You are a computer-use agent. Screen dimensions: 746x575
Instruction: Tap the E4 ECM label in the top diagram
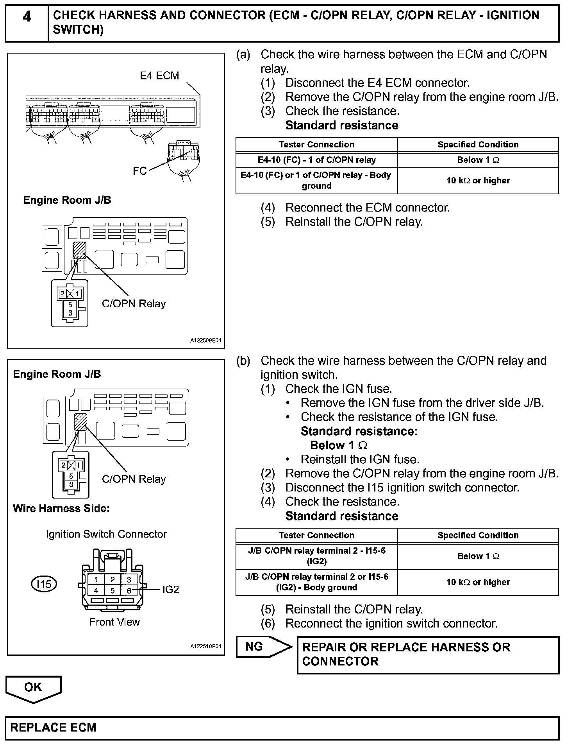click(x=159, y=75)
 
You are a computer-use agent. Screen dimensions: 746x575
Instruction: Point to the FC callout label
click(x=139, y=171)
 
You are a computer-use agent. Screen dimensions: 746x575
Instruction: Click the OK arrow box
click(x=33, y=687)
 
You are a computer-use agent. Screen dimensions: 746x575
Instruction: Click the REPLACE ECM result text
click(x=53, y=728)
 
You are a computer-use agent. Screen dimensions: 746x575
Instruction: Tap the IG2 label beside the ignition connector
click(x=171, y=590)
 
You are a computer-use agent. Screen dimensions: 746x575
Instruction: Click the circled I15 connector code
click(x=44, y=584)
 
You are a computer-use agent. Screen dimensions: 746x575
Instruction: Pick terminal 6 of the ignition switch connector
click(x=129, y=590)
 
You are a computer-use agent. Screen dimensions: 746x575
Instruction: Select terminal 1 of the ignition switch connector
click(x=96, y=580)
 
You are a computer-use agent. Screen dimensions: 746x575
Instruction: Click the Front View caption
click(x=114, y=622)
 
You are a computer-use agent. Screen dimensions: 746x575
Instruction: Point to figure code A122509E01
click(x=205, y=341)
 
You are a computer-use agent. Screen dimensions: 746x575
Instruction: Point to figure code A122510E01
click(x=205, y=646)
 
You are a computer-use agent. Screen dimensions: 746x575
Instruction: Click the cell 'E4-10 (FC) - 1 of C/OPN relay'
click(x=316, y=160)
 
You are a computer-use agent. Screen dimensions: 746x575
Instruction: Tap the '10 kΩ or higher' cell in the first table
click(x=478, y=181)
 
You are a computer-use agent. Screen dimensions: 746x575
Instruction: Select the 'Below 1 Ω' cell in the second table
click(x=478, y=556)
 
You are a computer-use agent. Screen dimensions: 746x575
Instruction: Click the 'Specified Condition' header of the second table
click(x=478, y=535)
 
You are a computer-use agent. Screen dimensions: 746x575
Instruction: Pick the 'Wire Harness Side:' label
click(x=61, y=508)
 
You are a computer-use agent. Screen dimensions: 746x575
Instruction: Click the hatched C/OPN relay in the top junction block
click(x=79, y=250)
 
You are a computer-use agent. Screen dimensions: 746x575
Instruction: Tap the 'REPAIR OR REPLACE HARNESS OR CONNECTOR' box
click(x=428, y=654)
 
